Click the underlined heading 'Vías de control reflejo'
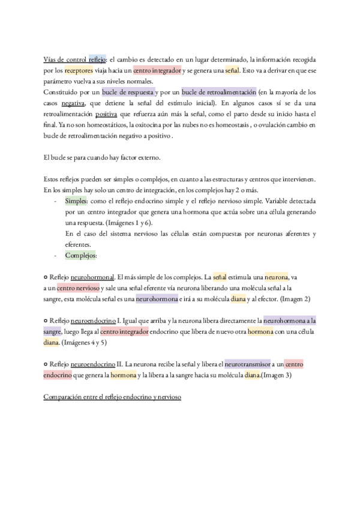[x=75, y=60]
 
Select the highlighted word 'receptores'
[x=79, y=71]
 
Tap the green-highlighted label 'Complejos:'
[x=81, y=255]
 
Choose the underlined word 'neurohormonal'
[x=92, y=277]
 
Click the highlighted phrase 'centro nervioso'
[x=79, y=288]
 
